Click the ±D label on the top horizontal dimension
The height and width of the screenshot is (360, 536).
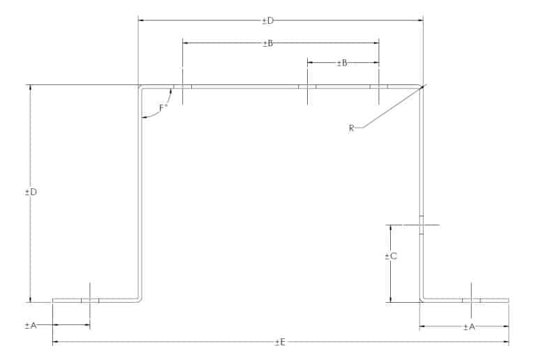tap(268, 21)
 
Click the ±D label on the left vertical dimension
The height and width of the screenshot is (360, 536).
tap(31, 193)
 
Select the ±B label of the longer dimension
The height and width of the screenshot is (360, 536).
tap(268, 43)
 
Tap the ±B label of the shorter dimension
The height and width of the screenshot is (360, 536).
tap(342, 63)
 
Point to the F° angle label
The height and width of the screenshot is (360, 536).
tap(163, 109)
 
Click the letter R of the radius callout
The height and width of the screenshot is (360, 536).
tap(352, 128)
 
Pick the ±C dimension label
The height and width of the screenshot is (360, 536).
tap(391, 256)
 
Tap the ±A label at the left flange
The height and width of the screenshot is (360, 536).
tap(31, 326)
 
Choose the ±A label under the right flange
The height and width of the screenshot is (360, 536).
tap(469, 327)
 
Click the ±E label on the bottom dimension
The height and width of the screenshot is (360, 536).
tap(280, 343)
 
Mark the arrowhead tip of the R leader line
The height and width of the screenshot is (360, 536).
tap(424, 86)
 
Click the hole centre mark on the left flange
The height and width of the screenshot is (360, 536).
tap(90, 301)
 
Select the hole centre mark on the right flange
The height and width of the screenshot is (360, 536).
tap(471, 301)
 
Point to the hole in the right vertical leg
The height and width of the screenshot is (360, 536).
tap(422, 225)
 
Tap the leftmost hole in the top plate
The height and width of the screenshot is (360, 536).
tap(183, 87)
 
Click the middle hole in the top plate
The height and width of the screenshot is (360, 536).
tap(307, 87)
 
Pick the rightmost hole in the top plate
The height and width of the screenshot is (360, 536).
tap(379, 87)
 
